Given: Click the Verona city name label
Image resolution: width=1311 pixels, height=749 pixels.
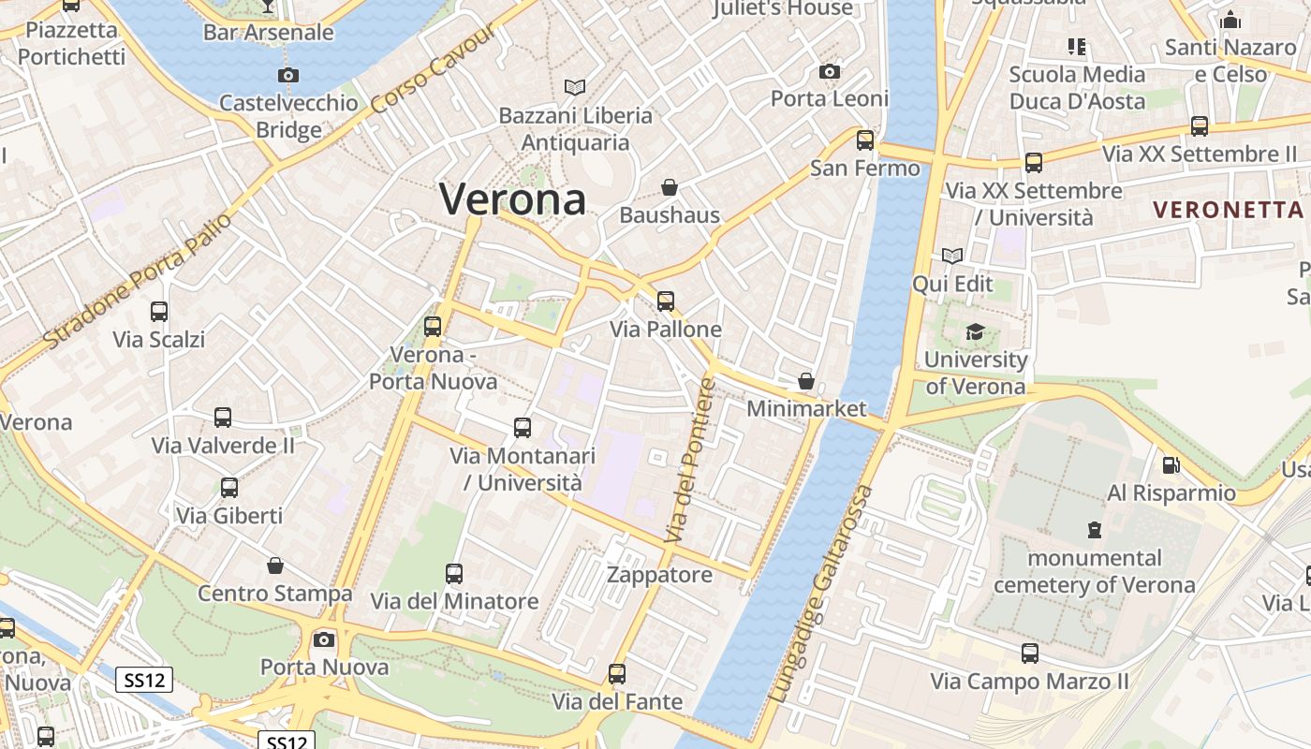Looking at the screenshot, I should [513, 198].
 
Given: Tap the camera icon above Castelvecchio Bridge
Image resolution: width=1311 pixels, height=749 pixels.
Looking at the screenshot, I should [288, 75].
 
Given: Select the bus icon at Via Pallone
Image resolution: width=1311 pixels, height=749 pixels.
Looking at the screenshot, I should [666, 301].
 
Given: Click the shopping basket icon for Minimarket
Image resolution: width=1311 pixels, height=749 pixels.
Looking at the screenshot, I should [806, 381].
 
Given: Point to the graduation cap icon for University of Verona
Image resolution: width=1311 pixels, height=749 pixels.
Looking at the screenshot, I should [975, 331].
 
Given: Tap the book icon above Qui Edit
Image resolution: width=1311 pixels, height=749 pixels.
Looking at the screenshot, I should [952, 256].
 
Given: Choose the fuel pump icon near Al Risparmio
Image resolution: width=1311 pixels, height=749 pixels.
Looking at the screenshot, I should [1171, 464].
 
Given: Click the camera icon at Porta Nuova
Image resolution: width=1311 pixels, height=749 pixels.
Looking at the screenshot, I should [324, 639].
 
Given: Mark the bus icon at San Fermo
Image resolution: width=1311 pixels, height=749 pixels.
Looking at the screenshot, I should [865, 140].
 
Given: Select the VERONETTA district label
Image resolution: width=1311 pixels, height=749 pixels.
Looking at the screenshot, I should [1228, 209].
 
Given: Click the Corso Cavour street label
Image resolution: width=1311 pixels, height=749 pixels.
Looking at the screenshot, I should [434, 68].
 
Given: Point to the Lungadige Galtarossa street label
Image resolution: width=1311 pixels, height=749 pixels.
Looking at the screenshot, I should [821, 595].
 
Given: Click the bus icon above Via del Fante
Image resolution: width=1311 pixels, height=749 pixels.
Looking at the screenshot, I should [617, 673].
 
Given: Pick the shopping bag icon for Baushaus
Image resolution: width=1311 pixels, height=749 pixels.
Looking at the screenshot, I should [670, 187].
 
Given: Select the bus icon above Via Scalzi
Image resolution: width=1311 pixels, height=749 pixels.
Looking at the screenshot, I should [159, 311].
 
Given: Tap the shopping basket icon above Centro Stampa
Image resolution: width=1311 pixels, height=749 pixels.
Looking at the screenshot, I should [275, 565].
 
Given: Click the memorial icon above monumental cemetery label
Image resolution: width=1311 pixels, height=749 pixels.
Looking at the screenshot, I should [1094, 530].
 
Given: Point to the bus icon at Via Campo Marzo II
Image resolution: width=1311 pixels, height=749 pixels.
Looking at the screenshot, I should [1030, 653].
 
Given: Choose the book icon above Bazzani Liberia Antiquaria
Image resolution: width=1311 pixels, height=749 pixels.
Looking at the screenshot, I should [575, 87].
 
